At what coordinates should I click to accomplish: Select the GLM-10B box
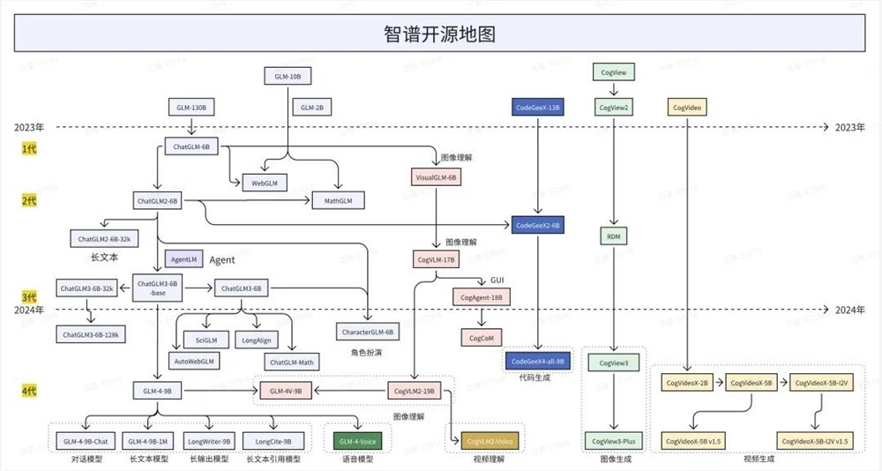288,77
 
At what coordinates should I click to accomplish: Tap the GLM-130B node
191,108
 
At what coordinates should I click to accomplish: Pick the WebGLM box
265,183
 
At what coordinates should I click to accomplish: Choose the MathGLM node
338,201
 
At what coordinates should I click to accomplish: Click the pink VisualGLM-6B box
436,177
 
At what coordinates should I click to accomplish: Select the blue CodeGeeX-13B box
536,108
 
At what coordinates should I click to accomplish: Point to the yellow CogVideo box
688,108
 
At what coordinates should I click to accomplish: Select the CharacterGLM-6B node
366,332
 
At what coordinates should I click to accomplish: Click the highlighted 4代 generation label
29,389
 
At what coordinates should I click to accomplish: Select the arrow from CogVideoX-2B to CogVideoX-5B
719,384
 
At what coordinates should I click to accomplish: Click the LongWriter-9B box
209,440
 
